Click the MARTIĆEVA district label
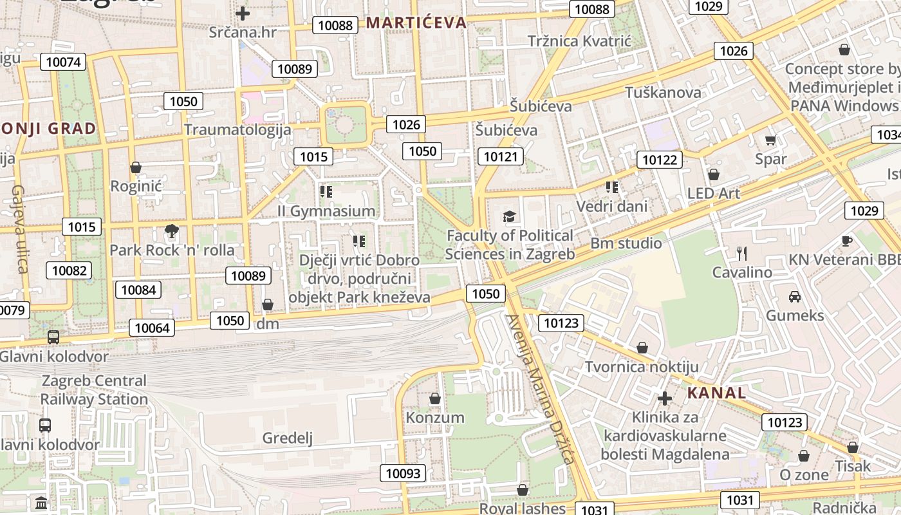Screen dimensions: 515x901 point(416,23)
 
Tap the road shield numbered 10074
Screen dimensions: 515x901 point(63,62)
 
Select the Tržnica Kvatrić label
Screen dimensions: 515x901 point(580,41)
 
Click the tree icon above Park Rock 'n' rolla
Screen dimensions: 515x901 point(171,231)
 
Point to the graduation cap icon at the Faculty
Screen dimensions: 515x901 point(510,216)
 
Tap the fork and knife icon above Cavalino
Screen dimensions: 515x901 point(742,254)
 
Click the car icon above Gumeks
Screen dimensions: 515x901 point(795,297)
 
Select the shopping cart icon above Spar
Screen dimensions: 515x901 point(770,140)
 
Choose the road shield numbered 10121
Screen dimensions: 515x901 point(501,156)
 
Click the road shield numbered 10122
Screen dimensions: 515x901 point(660,160)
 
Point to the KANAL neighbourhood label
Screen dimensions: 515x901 point(717,393)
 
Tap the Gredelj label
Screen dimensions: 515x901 point(287,438)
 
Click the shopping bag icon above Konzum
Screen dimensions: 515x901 point(435,398)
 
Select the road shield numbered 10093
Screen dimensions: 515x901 point(403,474)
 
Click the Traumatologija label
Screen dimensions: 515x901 point(237,129)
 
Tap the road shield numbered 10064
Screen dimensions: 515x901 point(152,328)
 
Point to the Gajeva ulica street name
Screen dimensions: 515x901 point(20,229)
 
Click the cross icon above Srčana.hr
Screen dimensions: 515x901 point(243,13)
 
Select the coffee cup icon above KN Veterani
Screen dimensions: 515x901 point(847,241)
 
